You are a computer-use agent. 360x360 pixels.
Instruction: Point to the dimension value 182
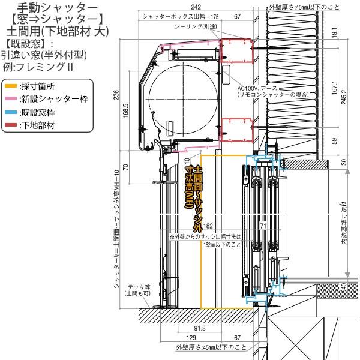tap(208, 226)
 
